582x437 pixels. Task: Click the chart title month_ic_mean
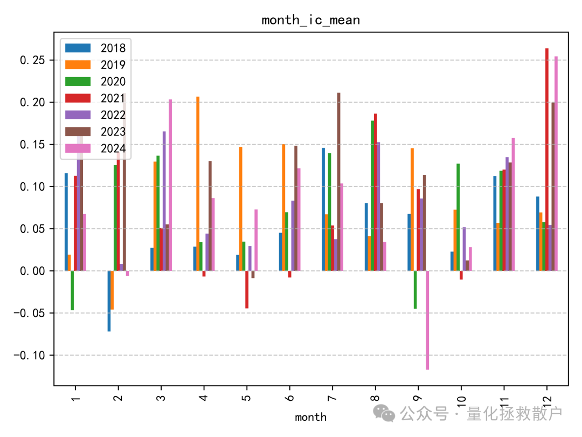(x=310, y=21)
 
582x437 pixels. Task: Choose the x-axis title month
(x=310, y=417)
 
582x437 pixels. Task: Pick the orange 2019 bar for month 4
(x=198, y=183)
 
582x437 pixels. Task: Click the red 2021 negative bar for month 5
(x=247, y=289)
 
